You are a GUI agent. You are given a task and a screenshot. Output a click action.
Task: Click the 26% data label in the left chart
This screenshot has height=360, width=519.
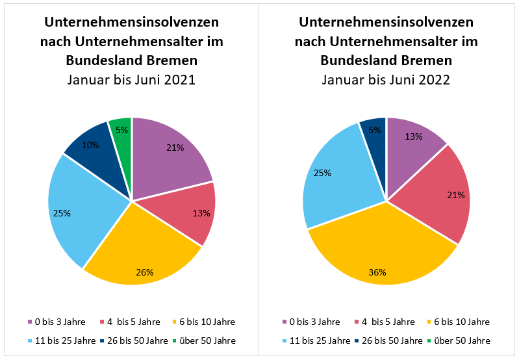coord(145,272)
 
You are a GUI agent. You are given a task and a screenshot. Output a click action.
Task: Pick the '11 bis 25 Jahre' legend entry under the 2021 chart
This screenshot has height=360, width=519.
coord(61,341)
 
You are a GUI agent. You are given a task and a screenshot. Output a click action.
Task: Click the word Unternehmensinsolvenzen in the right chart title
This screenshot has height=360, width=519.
coord(386,22)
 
